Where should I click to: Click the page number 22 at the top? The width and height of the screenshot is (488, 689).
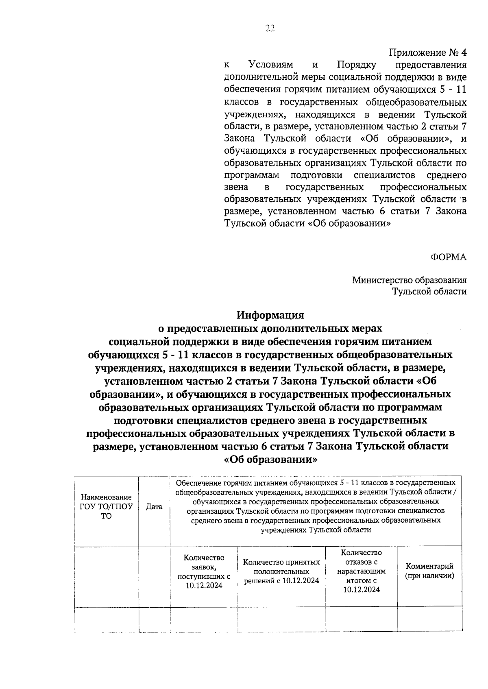coord(270,28)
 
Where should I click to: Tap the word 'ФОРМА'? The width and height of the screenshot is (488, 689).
coord(449,257)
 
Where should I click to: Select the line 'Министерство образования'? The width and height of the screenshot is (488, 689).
coord(409,280)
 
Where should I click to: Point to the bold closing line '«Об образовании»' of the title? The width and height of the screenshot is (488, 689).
coord(270,459)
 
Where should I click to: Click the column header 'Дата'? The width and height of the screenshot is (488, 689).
coord(154,507)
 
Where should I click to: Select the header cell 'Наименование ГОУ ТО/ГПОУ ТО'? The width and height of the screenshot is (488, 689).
coord(106,507)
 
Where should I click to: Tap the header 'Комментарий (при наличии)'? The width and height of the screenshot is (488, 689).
coord(429,571)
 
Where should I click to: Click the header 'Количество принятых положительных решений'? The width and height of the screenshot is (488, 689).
coord(281,571)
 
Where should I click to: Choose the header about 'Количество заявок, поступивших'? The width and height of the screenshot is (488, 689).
coord(204,571)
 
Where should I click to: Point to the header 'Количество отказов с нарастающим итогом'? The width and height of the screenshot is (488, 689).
coord(362,571)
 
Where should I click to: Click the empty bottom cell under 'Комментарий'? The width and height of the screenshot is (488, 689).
coord(429,619)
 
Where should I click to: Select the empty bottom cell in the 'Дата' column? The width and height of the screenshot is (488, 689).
coord(154,619)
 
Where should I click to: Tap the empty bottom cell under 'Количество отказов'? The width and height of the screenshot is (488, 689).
coord(362,619)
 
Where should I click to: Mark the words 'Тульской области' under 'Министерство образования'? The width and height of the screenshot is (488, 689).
coord(429,291)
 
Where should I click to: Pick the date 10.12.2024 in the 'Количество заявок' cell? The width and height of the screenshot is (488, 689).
coord(204,585)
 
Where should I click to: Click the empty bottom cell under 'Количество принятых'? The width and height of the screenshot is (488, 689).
coord(281,619)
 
